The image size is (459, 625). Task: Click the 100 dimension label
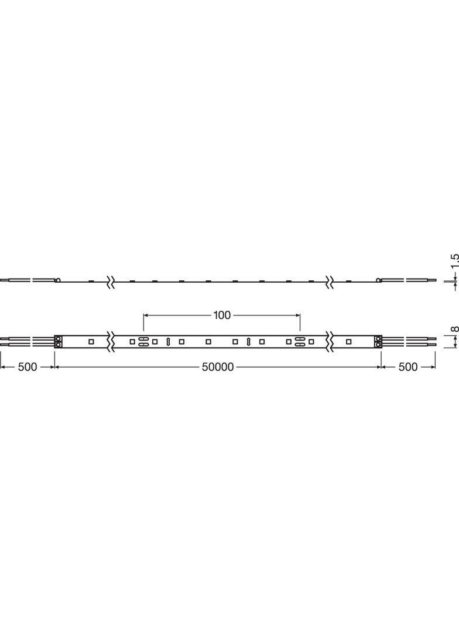coord(222,315)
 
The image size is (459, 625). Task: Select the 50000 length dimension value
coord(218,367)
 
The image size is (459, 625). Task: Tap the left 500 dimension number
coord(28,367)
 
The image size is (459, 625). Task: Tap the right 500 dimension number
coord(408,367)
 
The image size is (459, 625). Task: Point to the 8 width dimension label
coord(455,329)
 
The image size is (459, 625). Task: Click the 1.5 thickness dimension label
coord(455,260)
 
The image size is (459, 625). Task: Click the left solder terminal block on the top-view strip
coord(58,342)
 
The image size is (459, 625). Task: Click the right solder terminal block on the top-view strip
coord(378,342)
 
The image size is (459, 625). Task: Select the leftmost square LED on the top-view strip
coord(91,342)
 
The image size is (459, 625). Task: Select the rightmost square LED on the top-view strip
coord(349,342)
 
